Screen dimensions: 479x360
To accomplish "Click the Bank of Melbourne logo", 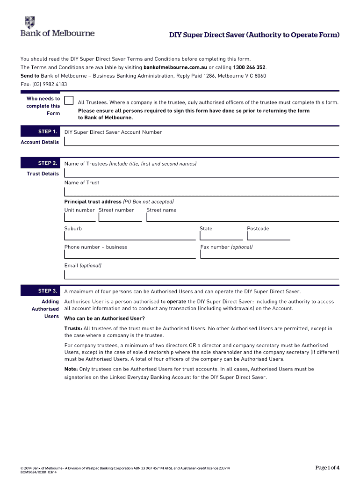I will [57, 26].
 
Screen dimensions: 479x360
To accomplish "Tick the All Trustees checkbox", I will [69, 101].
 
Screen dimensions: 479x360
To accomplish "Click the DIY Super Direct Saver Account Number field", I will [201, 140].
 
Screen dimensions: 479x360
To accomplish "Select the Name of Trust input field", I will [201, 191].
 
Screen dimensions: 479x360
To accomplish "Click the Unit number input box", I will [80, 217].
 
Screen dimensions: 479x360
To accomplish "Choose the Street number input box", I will [120, 217].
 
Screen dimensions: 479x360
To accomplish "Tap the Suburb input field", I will [130, 235].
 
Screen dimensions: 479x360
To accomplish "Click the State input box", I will [221, 235].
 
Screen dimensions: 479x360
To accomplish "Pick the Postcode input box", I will [268, 235].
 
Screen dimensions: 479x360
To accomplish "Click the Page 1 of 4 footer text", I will [327, 468].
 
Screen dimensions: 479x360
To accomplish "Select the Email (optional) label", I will [83, 265].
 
